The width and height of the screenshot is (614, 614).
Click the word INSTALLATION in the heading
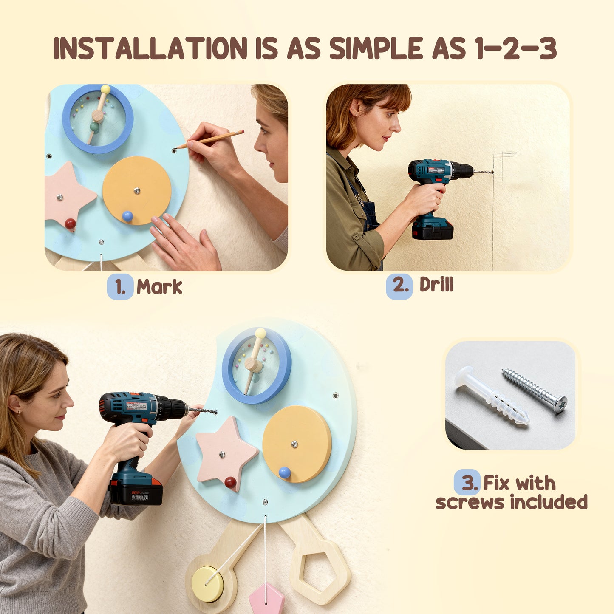150,48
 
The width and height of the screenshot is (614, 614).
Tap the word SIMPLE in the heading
376,48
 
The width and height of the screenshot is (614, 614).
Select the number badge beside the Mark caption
120,287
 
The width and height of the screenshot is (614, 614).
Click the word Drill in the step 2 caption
436,285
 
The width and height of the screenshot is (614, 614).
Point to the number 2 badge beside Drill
399,286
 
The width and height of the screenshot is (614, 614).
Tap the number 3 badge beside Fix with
467,483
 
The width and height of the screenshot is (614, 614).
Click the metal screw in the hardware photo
535,390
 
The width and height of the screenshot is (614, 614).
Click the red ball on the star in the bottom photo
231,482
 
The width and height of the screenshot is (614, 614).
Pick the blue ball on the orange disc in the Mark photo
127,216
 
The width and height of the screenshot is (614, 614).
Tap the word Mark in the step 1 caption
159,287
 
